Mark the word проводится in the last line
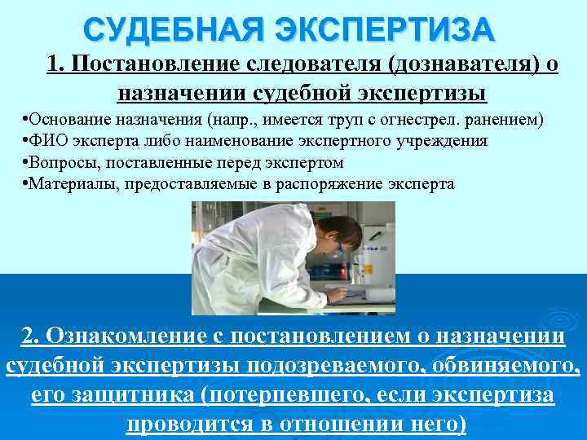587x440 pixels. (195, 425)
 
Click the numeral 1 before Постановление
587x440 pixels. (54, 64)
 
